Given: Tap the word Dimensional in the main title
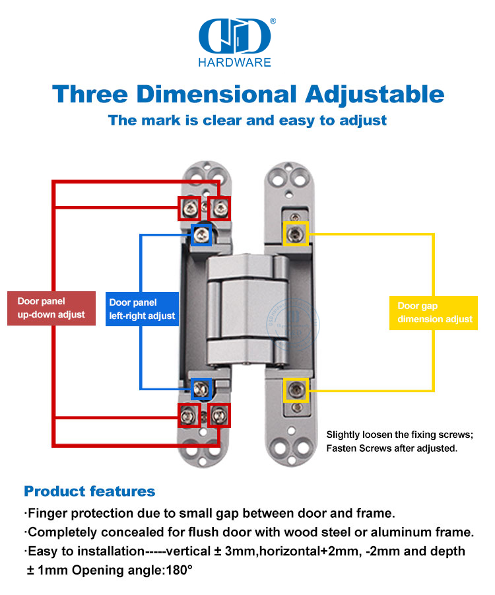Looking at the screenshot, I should tap(216, 94).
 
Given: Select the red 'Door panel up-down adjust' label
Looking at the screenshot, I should tap(51, 308).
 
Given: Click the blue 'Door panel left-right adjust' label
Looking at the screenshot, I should tap(142, 309).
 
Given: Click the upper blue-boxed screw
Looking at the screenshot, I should tap(201, 234).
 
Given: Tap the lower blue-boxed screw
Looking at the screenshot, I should tap(201, 388).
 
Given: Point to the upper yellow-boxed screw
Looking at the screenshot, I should tap(296, 234).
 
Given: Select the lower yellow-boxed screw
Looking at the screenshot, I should tap(296, 390).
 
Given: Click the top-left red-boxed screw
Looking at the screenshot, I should tap(189, 209).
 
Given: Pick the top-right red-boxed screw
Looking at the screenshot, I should tap(220, 209).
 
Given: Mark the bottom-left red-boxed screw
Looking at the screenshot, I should tap(189, 415).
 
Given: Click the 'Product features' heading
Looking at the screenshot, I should tap(90, 491).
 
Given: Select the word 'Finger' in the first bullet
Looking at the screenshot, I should tap(49, 514).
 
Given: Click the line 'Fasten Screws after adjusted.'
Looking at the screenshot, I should tap(392, 448).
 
